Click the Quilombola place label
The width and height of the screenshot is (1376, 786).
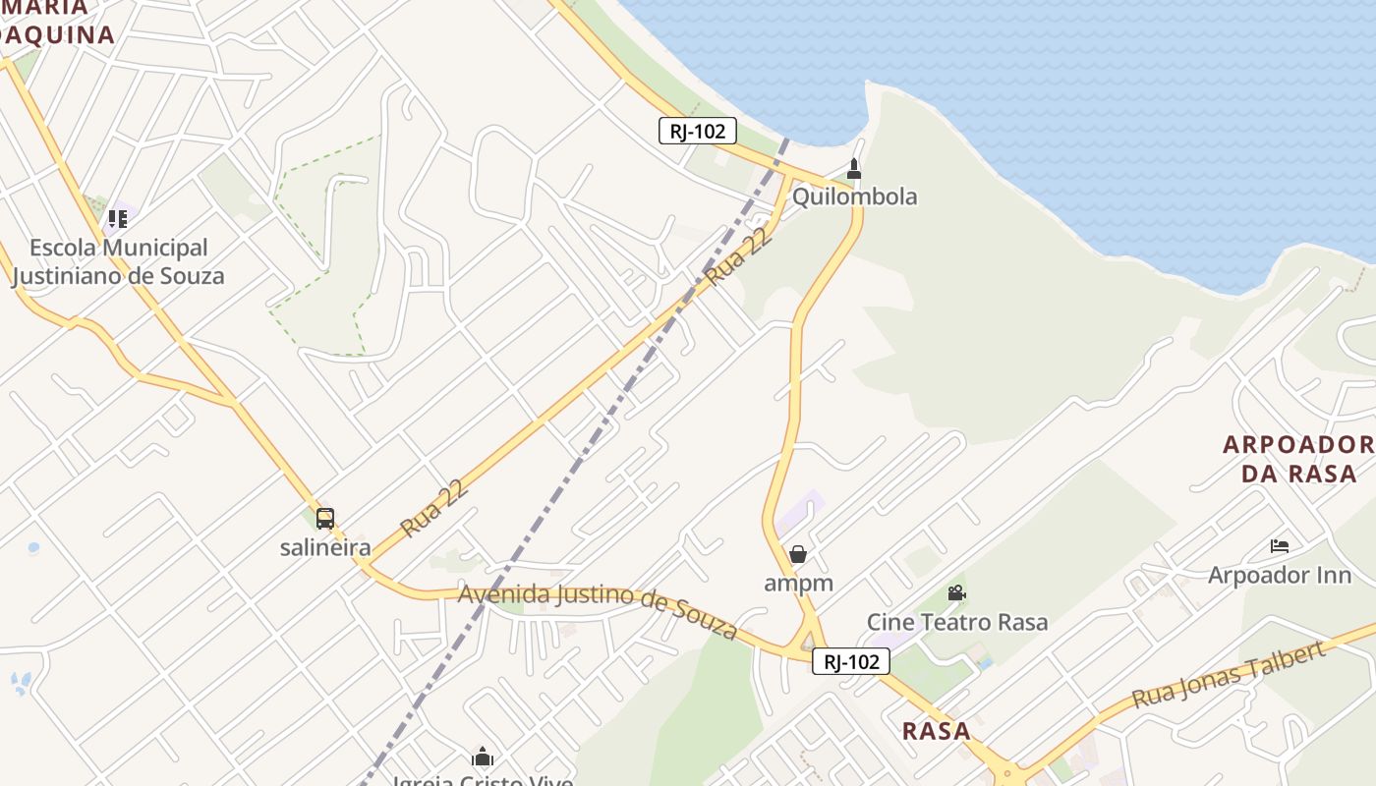click(854, 196)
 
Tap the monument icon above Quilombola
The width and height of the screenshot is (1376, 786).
click(854, 169)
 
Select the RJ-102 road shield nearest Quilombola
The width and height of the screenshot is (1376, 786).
click(698, 131)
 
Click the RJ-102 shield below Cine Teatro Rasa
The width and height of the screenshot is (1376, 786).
click(851, 662)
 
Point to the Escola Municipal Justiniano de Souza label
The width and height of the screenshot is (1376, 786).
click(118, 261)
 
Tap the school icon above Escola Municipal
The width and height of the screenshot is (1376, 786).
click(118, 218)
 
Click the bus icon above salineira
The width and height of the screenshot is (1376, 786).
click(325, 518)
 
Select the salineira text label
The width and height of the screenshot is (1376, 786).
click(325, 547)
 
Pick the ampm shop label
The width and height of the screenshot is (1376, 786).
click(798, 583)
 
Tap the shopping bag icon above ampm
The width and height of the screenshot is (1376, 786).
click(798, 554)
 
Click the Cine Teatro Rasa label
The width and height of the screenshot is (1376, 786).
click(956, 622)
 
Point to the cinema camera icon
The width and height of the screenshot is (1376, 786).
click(956, 592)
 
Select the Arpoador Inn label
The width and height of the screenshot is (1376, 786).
click(1279, 575)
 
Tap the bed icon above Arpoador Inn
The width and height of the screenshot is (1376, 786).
click(1279, 545)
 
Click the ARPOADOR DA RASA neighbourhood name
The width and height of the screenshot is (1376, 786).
click(1297, 459)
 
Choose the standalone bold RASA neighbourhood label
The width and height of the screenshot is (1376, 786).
click(936, 731)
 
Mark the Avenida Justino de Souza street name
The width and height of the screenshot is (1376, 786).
click(598, 609)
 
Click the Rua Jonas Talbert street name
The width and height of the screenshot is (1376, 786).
click(1229, 676)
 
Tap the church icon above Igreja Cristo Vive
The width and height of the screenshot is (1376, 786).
click(483, 757)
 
